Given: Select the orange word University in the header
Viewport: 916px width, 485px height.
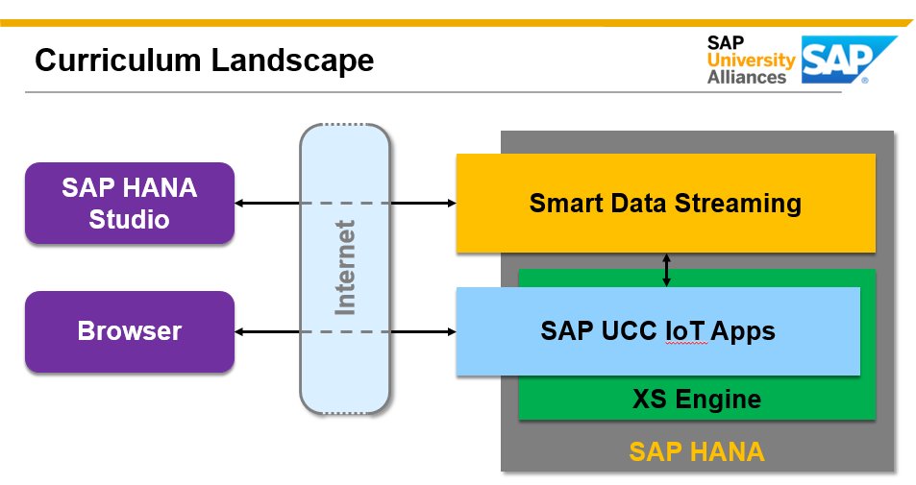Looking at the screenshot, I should pyautogui.click(x=751, y=61).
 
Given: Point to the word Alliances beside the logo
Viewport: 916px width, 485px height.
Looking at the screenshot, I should pyautogui.click(x=747, y=78).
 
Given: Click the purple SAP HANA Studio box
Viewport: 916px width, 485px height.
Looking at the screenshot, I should pyautogui.click(x=130, y=203).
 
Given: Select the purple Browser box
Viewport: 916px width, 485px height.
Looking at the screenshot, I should pyautogui.click(x=130, y=331).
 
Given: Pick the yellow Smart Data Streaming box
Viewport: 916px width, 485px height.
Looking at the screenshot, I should pyautogui.click(x=665, y=204).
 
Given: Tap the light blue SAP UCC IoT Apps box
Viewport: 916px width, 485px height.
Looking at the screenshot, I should pyautogui.click(x=657, y=331).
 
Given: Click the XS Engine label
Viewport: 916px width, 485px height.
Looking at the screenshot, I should pyautogui.click(x=697, y=399).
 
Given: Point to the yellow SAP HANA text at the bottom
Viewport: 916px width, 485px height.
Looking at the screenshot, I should pyautogui.click(x=697, y=451).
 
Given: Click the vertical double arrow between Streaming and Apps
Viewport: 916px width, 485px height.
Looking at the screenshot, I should pyautogui.click(x=666, y=270).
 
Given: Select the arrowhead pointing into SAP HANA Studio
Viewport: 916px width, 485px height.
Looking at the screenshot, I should pyautogui.click(x=241, y=203).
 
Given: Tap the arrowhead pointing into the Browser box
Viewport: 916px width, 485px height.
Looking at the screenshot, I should pyautogui.click(x=241, y=331).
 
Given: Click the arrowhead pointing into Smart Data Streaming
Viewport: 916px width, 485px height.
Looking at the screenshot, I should pyautogui.click(x=449, y=203).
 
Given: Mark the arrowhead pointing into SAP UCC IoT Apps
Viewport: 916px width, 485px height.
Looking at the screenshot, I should pyautogui.click(x=449, y=331).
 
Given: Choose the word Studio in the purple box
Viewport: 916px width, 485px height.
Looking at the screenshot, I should pyautogui.click(x=130, y=219).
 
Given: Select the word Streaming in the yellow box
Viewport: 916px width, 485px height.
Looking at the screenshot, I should pyautogui.click(x=741, y=204).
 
